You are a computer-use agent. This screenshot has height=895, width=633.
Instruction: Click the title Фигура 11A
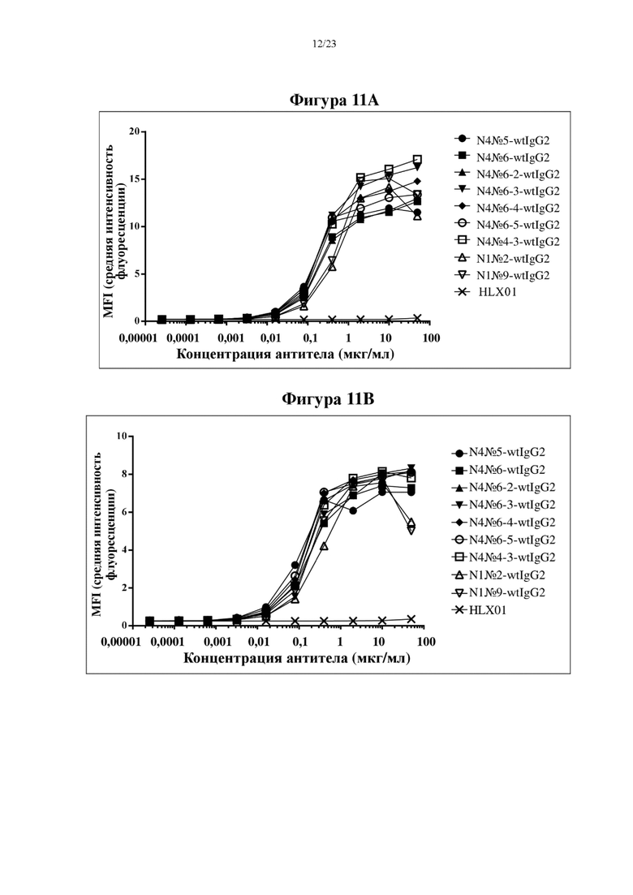coord(334,101)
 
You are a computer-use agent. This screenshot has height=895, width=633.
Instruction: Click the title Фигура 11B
coord(328,398)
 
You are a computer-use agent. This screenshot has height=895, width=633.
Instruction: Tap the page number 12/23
coord(324,44)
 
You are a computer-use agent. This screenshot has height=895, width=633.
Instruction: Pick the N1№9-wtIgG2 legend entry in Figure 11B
coord(497,592)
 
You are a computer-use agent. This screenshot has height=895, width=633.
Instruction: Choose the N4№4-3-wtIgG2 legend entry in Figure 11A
coord(507,242)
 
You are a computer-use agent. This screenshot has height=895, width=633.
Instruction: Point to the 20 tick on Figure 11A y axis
coord(135,131)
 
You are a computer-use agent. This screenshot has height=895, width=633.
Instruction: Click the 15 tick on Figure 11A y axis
coord(135,179)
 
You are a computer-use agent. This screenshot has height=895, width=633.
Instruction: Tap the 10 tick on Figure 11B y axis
coord(122,436)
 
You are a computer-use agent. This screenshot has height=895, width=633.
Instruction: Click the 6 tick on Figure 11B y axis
coord(124,512)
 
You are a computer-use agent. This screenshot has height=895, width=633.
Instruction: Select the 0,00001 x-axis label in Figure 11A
coord(138,338)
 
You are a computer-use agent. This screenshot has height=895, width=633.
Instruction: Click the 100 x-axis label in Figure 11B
coord(426,642)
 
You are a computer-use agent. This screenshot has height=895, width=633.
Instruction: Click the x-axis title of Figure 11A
coord(286,354)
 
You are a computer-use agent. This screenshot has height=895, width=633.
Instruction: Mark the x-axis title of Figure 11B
coord(297,658)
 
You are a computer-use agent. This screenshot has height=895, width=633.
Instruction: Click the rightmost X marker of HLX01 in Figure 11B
coord(411,619)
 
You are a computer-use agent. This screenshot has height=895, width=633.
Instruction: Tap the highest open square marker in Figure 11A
coord(417,159)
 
